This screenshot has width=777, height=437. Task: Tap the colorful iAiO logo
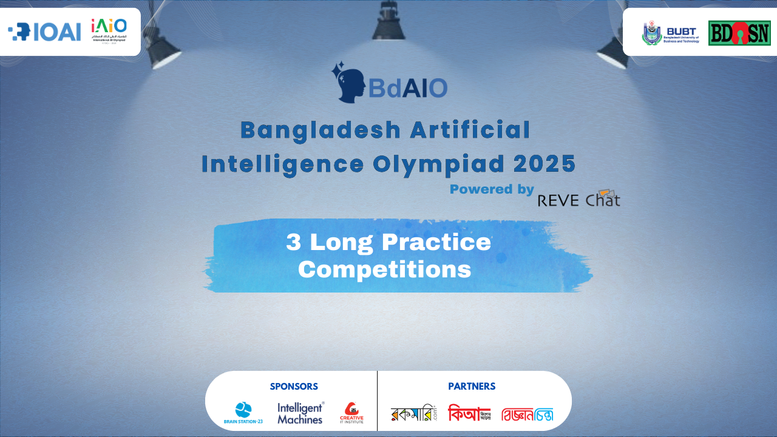109,30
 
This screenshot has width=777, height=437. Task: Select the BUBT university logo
671,33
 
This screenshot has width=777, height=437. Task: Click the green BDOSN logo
739,33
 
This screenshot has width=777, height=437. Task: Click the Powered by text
492,189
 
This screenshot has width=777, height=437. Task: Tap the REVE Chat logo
579,199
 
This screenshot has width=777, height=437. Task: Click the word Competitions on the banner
385,269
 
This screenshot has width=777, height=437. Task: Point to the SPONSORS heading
294,386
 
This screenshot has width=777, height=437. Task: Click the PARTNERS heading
472,386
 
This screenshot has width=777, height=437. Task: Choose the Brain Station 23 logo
243,413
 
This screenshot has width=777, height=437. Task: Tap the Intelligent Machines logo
300,413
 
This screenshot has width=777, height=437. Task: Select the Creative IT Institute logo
351,413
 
